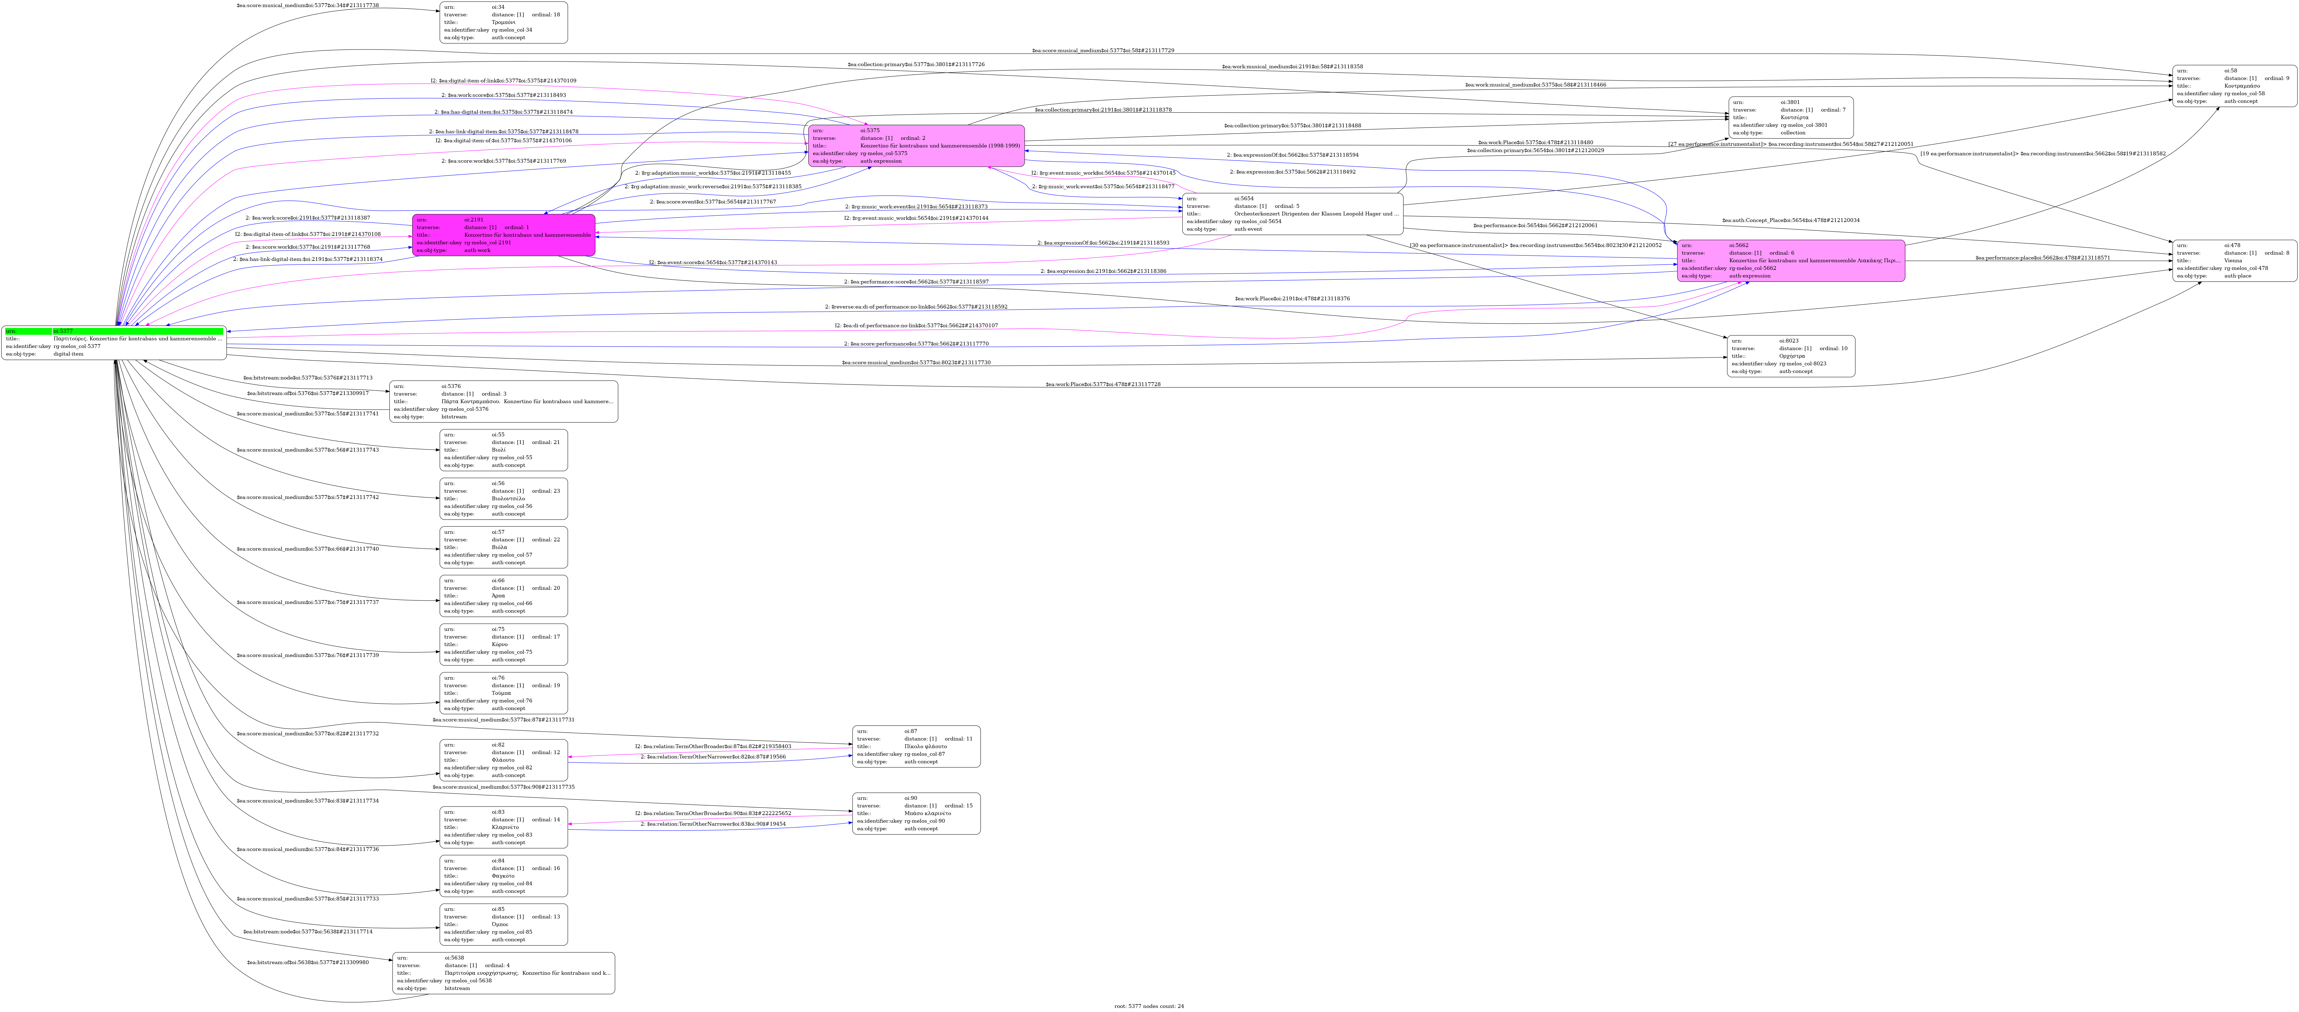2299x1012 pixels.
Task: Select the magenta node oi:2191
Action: (503, 235)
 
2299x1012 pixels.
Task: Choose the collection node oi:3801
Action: (1790, 118)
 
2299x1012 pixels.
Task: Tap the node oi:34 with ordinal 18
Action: (503, 22)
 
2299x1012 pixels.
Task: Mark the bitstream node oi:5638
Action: (503, 973)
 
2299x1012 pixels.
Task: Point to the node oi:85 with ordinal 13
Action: (503, 925)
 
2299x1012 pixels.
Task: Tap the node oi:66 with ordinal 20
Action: (503, 596)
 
